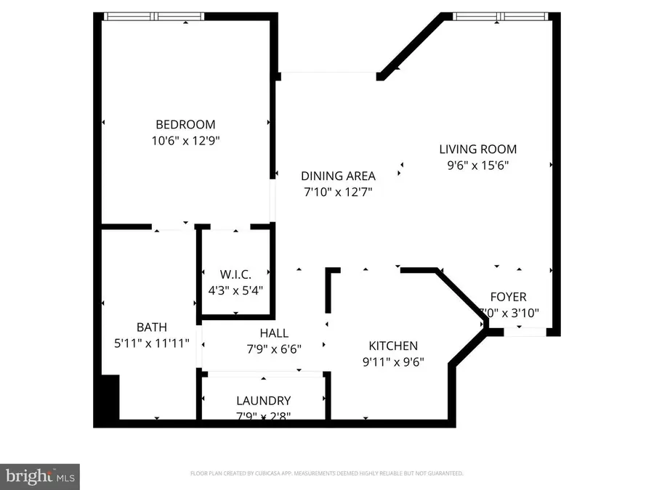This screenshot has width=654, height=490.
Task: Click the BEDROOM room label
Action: [x=185, y=124]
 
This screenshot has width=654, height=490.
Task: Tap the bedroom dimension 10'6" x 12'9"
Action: [x=185, y=141]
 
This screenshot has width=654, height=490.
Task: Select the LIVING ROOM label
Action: [x=477, y=150]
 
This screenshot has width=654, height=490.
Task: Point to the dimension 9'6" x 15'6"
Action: [x=477, y=166]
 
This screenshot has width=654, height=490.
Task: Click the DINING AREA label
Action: [x=338, y=176]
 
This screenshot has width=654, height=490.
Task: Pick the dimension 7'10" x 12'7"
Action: [x=338, y=192]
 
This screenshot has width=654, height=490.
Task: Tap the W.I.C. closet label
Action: [x=235, y=274]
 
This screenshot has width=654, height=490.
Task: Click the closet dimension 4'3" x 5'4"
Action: [x=235, y=290]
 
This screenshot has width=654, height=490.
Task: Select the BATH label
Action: [x=152, y=327]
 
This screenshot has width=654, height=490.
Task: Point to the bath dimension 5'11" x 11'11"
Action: [x=152, y=343]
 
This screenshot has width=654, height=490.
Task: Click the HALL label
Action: [x=274, y=333]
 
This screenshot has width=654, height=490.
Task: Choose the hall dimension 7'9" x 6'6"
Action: [x=274, y=348]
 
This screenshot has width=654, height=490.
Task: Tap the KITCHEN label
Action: [x=393, y=346]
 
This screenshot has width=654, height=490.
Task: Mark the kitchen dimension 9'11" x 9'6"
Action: [x=393, y=362]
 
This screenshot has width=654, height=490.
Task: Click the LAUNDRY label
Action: [x=263, y=401]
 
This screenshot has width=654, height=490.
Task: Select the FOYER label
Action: [x=508, y=297]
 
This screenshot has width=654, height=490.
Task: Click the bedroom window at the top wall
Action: [x=153, y=16]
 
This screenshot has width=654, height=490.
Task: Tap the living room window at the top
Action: [x=499, y=16]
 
